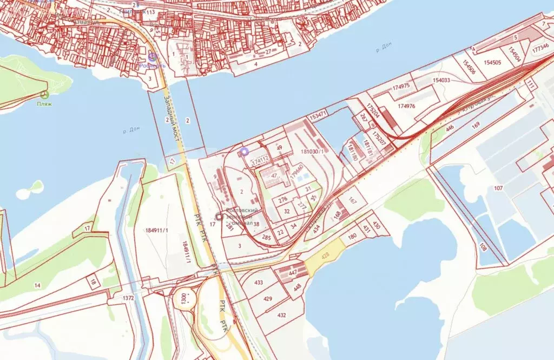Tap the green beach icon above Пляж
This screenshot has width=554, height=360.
tap(45, 94)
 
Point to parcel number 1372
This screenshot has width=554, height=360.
tap(128, 298)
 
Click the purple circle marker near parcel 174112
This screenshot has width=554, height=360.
tap(244, 152)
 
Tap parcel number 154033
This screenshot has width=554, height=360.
tap(441, 80)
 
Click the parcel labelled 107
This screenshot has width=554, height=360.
tap(498, 188)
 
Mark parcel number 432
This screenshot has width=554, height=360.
tap(281, 315)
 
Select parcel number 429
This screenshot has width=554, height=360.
tap(267, 299)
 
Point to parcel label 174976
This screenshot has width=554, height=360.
tap(406, 106)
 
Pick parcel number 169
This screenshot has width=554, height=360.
tap(476, 126)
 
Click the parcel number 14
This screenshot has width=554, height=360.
tap(37, 285)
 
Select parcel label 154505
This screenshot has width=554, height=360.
tap(492, 62)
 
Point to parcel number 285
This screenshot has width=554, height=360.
tap(266, 237)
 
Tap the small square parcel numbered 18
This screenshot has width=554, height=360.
tap(93, 282)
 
